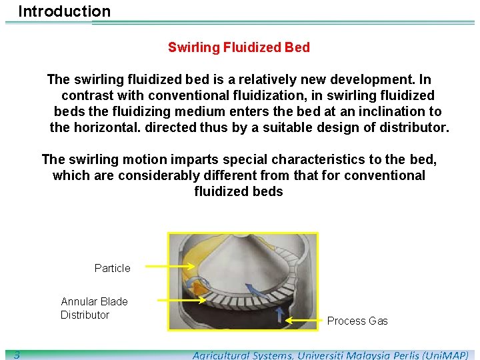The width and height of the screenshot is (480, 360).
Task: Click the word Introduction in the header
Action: (x=64, y=11)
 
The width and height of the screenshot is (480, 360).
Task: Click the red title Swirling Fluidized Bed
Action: (x=239, y=47)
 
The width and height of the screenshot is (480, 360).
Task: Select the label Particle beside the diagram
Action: (x=112, y=268)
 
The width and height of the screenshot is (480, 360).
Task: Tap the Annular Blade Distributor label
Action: (x=94, y=308)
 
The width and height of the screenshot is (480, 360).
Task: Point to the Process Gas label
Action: (x=357, y=321)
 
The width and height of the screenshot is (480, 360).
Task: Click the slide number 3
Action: (x=16, y=355)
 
